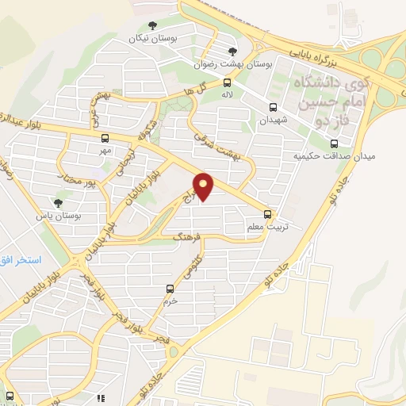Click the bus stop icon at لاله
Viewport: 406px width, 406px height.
tap(228, 82)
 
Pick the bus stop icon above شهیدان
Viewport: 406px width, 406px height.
tap(273, 108)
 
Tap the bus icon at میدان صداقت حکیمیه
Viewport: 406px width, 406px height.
tap(334, 144)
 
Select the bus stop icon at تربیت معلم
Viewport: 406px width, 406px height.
tap(268, 213)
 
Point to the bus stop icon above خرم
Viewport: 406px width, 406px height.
tap(169, 289)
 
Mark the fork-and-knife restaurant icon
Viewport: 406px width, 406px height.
tap(101, 399)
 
